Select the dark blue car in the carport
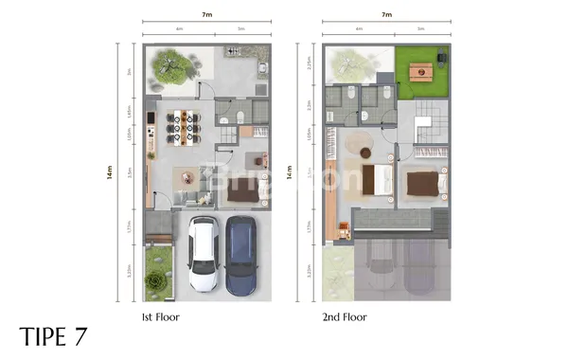coord(240,255)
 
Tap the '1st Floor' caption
coord(159,316)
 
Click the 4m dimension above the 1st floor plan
coord(179,29)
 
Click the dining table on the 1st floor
coord(183,126)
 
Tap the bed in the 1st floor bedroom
coord(244,189)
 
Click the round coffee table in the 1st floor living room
coord(187,175)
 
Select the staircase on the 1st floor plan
coord(227,138)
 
